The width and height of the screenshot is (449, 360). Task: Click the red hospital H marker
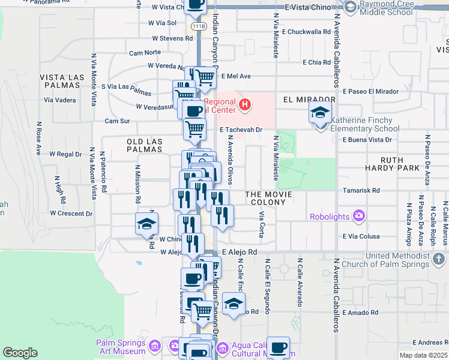(x=244, y=106)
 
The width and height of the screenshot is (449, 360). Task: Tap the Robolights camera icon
(x=358, y=215)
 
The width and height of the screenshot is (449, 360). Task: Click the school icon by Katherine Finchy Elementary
(x=321, y=112)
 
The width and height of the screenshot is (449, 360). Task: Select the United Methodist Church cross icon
(x=439, y=259)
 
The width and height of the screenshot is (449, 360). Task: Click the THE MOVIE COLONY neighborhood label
(x=268, y=199)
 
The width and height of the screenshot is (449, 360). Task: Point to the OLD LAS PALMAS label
(x=145, y=145)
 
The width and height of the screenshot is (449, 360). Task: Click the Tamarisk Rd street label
(x=364, y=190)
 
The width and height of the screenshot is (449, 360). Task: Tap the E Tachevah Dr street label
(x=242, y=129)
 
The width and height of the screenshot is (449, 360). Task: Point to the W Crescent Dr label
(x=71, y=213)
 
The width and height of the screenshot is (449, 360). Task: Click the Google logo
(x=20, y=353)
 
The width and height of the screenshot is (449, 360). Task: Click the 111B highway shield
(x=198, y=27)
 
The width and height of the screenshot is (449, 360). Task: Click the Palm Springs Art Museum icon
(x=155, y=346)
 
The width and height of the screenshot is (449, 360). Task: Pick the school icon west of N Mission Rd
(x=146, y=224)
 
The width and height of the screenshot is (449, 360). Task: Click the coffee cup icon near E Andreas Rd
(x=278, y=347)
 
